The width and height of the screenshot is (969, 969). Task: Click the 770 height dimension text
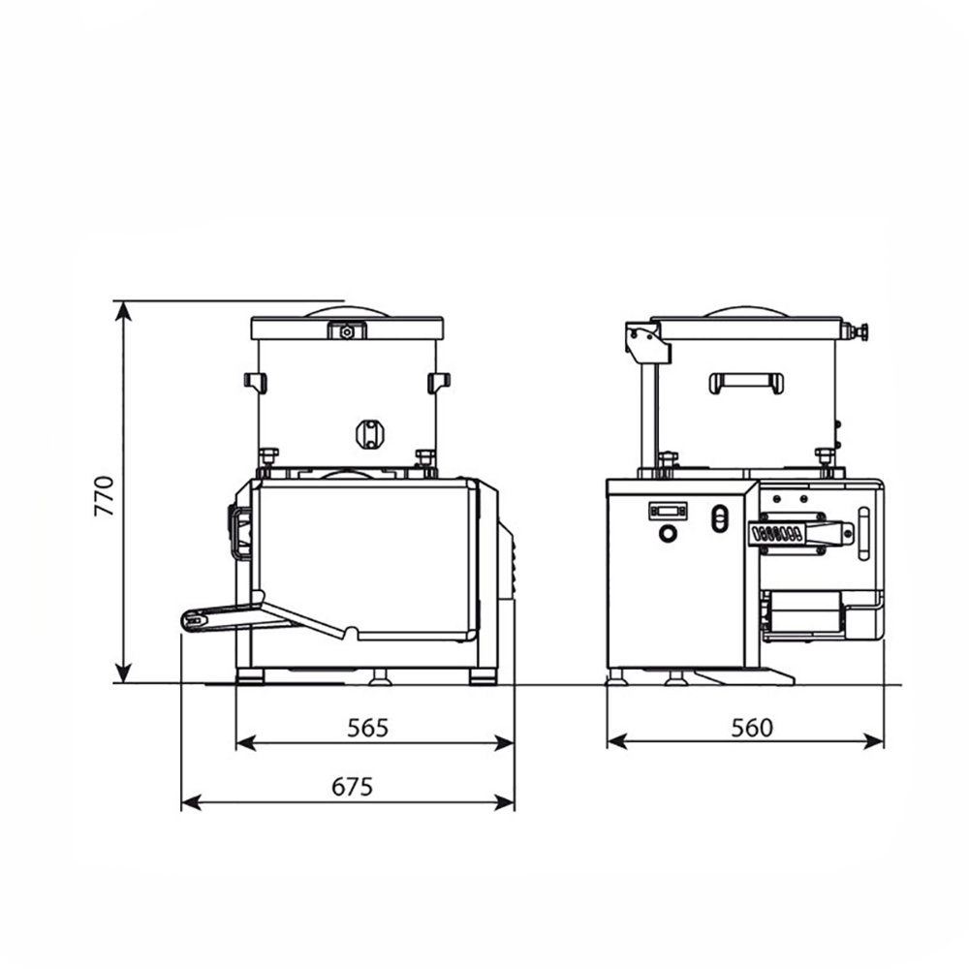105,495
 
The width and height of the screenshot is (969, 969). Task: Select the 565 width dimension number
367,728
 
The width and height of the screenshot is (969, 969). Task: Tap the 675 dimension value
353,787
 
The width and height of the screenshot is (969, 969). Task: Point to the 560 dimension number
752,728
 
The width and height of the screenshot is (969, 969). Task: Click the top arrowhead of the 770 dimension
124,311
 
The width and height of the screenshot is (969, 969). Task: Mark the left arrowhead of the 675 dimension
191,802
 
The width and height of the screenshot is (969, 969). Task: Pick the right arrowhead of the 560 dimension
874,741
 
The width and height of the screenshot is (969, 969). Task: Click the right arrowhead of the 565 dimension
504,743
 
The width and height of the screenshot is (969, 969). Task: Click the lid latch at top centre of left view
347,331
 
